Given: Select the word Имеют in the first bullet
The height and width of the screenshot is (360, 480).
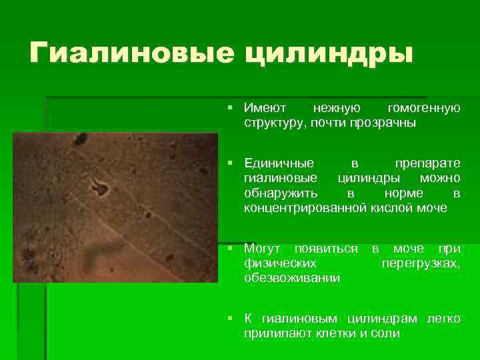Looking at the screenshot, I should (x=265, y=108).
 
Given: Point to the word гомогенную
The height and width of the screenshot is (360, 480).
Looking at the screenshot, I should (x=423, y=108).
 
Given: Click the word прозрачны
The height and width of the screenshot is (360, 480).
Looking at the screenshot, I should (x=382, y=123).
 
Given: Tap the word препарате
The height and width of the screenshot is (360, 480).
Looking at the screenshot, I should (x=427, y=163).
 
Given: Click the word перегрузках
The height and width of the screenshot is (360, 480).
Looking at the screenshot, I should (x=421, y=263).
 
